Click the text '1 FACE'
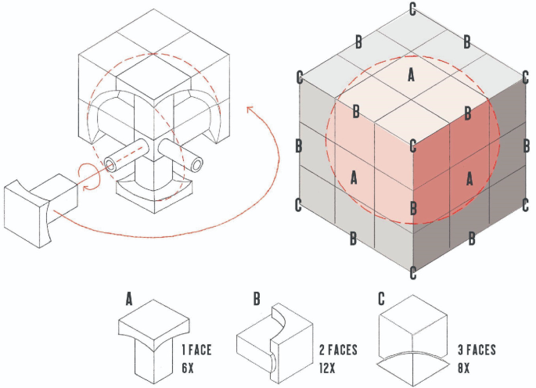click(196, 350)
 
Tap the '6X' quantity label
click(188, 368)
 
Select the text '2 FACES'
click(338, 350)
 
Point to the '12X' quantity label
click(327, 368)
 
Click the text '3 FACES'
click(477, 350)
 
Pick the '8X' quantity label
click(464, 368)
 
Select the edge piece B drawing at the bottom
click(275, 343)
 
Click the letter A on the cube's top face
click(412, 75)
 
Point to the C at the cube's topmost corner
click(412, 9)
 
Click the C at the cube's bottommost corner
click(413, 273)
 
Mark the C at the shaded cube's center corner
click(413, 146)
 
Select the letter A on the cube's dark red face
click(469, 178)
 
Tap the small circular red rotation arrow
click(89, 176)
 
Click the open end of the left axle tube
click(110, 166)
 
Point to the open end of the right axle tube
click(196, 165)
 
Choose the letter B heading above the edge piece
click(257, 299)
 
